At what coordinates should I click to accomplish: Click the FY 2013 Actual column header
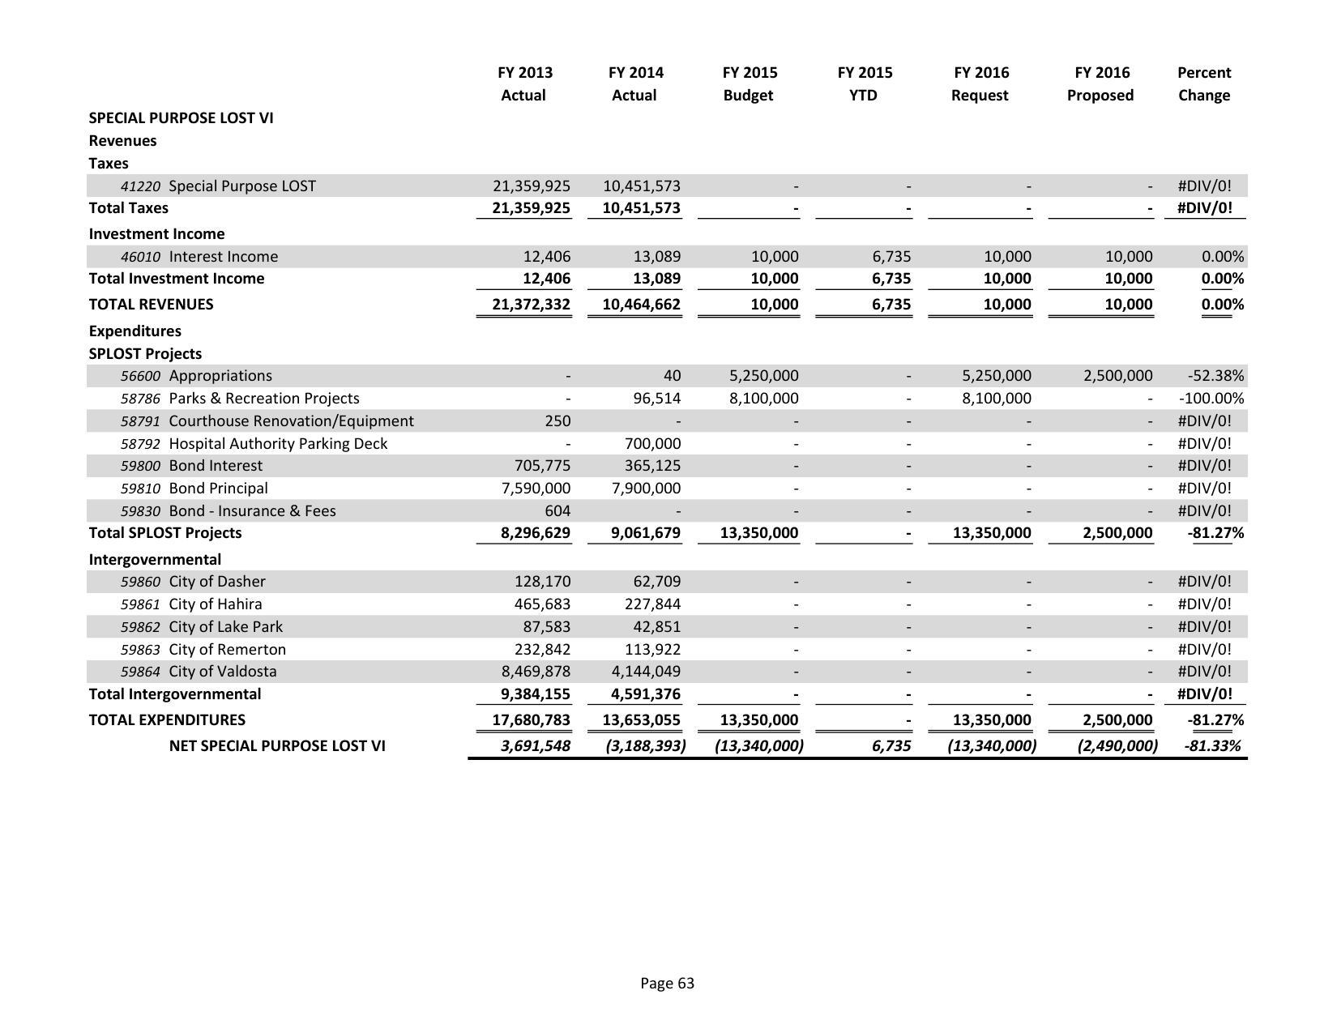point(523,83)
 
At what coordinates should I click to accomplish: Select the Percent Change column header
point(1203,83)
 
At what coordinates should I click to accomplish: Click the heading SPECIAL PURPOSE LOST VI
point(181,118)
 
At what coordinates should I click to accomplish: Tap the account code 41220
point(141,186)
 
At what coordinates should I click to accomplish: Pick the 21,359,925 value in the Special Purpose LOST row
point(531,186)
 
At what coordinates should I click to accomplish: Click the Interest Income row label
point(223,257)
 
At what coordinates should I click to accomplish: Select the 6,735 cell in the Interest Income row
point(891,257)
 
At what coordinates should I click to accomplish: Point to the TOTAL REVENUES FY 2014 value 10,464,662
point(642,305)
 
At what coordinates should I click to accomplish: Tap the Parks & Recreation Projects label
point(263,399)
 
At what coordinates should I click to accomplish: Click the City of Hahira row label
point(215,604)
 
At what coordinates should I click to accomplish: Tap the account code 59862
point(141,627)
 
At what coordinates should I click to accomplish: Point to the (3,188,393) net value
point(645,746)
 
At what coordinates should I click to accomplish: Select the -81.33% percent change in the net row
point(1212,746)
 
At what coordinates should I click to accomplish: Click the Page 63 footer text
point(667,984)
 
